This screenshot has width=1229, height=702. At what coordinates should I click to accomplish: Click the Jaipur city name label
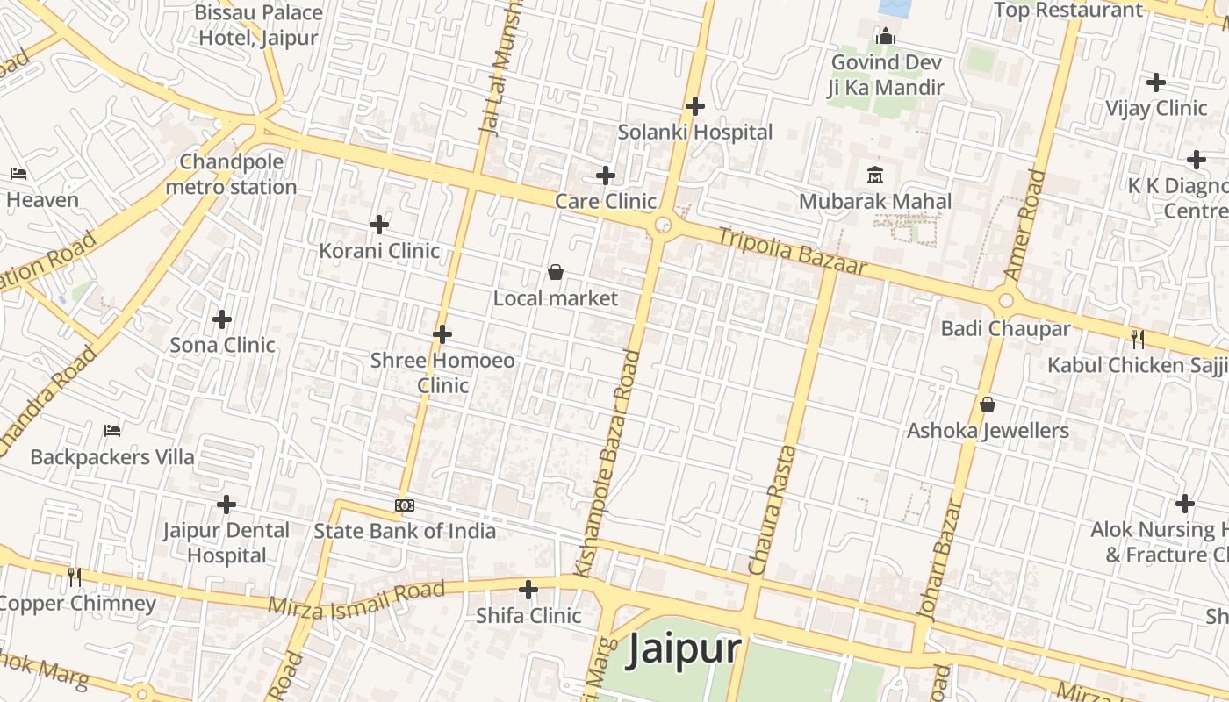684,650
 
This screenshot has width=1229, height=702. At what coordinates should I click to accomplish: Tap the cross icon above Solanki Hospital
695,106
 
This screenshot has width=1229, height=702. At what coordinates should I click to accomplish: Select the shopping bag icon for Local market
555,272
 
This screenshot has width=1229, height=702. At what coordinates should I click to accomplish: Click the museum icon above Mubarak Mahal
875,175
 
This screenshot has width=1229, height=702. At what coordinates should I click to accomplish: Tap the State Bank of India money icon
405,505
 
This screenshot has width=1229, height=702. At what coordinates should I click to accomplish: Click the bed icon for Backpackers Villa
112,430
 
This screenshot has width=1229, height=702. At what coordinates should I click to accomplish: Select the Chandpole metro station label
232,175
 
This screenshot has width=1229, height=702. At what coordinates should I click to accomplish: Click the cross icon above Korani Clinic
379,225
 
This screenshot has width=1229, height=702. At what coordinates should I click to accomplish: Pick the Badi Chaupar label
1005,329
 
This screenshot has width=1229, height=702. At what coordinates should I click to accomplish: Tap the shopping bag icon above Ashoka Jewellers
988,405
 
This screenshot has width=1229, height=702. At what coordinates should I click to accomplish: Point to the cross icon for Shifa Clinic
528,589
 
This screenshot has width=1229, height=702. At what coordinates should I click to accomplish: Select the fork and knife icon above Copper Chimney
75,577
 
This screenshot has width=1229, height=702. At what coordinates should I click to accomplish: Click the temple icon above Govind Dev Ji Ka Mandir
886,36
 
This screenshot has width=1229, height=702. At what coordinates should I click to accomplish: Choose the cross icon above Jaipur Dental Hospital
226,505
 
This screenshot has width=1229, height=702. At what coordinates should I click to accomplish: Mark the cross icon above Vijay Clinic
1156,82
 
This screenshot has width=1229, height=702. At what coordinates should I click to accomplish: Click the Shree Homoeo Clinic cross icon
442,334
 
